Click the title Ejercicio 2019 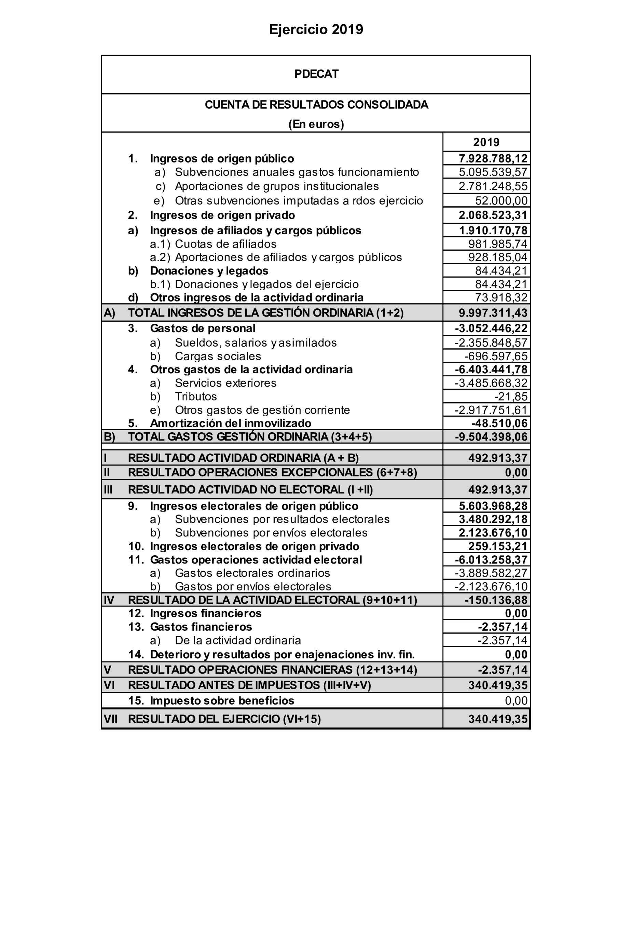(x=316, y=29)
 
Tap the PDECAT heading (x=316, y=74)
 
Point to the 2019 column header (x=486, y=142)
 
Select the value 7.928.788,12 (x=493, y=158)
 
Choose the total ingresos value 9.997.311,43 (x=493, y=313)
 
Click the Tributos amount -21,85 (x=511, y=396)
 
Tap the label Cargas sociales (x=218, y=356)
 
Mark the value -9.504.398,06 (x=491, y=437)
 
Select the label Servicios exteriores (x=225, y=383)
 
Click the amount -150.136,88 (x=496, y=600)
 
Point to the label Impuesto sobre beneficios (x=222, y=701)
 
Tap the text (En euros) (x=316, y=124)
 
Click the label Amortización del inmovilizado (x=230, y=423)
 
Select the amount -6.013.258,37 (x=491, y=560)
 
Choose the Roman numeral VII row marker (x=110, y=719)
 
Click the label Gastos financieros (x=201, y=627)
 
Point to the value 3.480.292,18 (x=493, y=519)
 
